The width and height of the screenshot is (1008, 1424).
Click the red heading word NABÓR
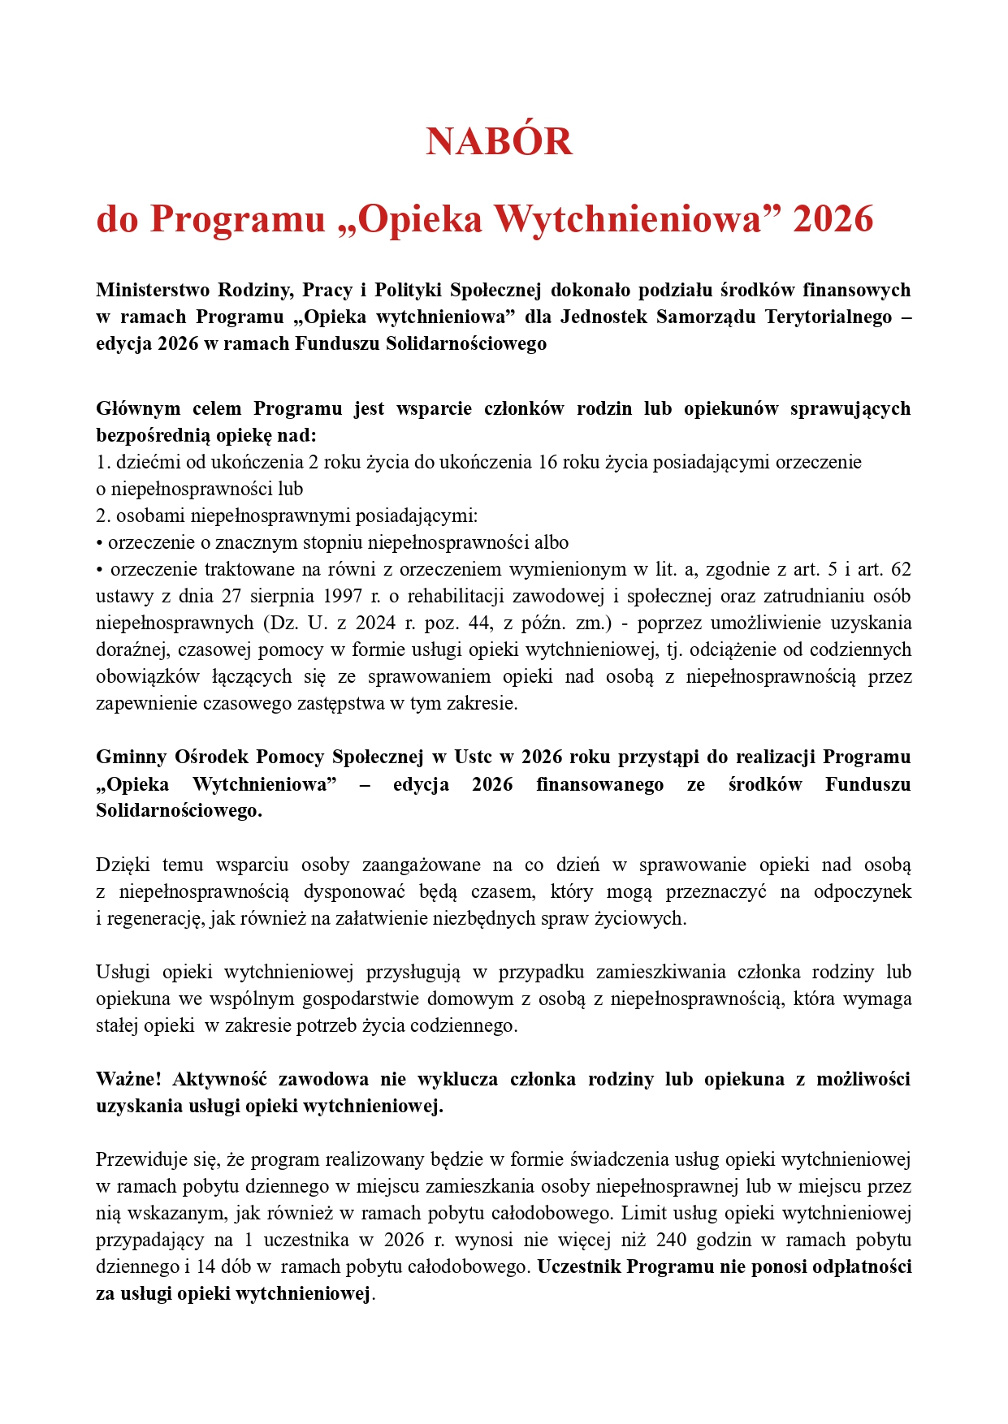(499, 142)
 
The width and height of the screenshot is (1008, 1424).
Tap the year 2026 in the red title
(833, 219)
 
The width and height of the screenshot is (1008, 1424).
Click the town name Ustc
(473, 757)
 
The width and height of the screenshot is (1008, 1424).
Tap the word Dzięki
(123, 865)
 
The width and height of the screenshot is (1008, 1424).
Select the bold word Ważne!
(128, 1079)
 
